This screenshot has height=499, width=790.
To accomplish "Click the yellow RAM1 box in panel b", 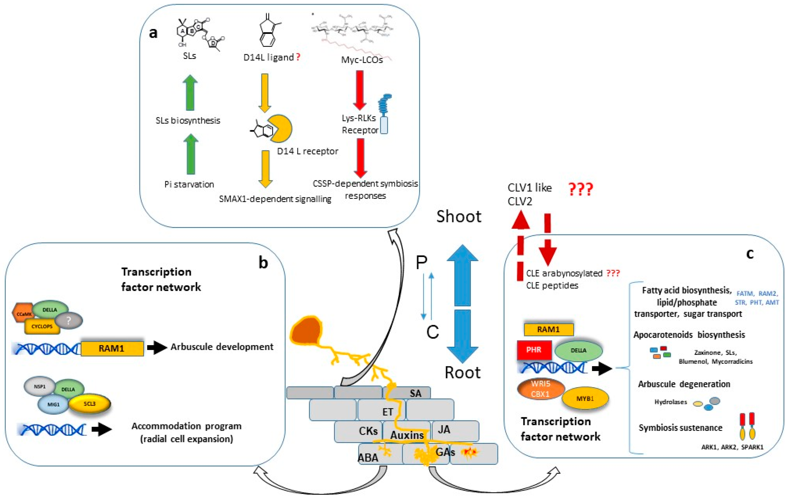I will pos(112,348).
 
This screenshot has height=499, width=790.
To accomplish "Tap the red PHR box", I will pos(534,350).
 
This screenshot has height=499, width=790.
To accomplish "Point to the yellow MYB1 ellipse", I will pos(585,399).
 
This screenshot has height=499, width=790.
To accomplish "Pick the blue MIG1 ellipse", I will pos(53,404).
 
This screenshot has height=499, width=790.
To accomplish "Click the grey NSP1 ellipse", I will pos(39,386).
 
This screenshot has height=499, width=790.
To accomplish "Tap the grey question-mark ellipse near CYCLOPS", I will pos(68,320).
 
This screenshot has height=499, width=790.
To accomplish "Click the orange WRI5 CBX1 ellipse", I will pos(540,389).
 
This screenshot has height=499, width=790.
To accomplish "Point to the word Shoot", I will pos(459,217).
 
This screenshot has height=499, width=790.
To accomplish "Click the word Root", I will pos(462,373).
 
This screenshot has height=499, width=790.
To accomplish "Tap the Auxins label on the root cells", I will pos(407,435).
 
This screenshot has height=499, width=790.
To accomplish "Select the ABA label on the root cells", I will pos(368,457).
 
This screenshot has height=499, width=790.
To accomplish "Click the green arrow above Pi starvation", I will pos(191,154).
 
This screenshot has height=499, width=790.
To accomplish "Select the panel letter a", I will pos(153,33).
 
